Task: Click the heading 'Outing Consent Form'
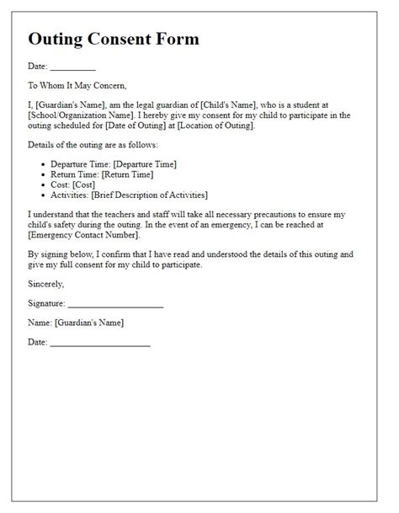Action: pyautogui.click(x=113, y=40)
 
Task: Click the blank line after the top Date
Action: pyautogui.click(x=73, y=67)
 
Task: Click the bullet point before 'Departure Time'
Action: pyautogui.click(x=44, y=163)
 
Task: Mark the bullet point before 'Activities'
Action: pyautogui.click(x=44, y=196)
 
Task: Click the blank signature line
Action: pyautogui.click(x=114, y=303)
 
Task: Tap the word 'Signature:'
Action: pyautogui.click(x=45, y=303)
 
